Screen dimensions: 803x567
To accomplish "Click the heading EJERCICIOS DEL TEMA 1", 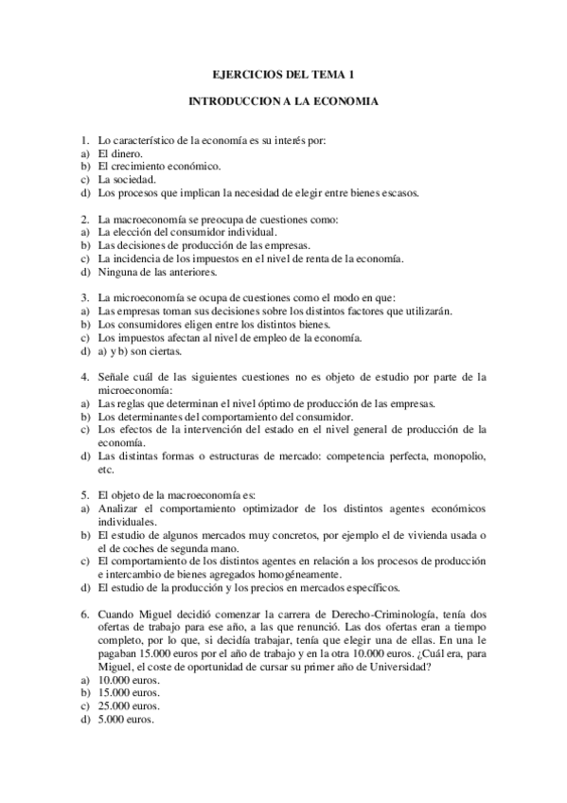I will click(x=283, y=73).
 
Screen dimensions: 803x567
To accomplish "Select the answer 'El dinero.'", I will click(x=120, y=153).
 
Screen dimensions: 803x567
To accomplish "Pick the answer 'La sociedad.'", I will click(x=127, y=179).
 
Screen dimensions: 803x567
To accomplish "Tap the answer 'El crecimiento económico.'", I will click(x=160, y=167).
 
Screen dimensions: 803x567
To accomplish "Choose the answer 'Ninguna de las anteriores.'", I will click(x=158, y=272).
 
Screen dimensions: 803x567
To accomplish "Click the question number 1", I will click(x=84, y=140).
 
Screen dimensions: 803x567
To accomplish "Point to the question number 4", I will click(x=84, y=376).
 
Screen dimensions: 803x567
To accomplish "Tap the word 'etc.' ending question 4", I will click(x=106, y=469).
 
